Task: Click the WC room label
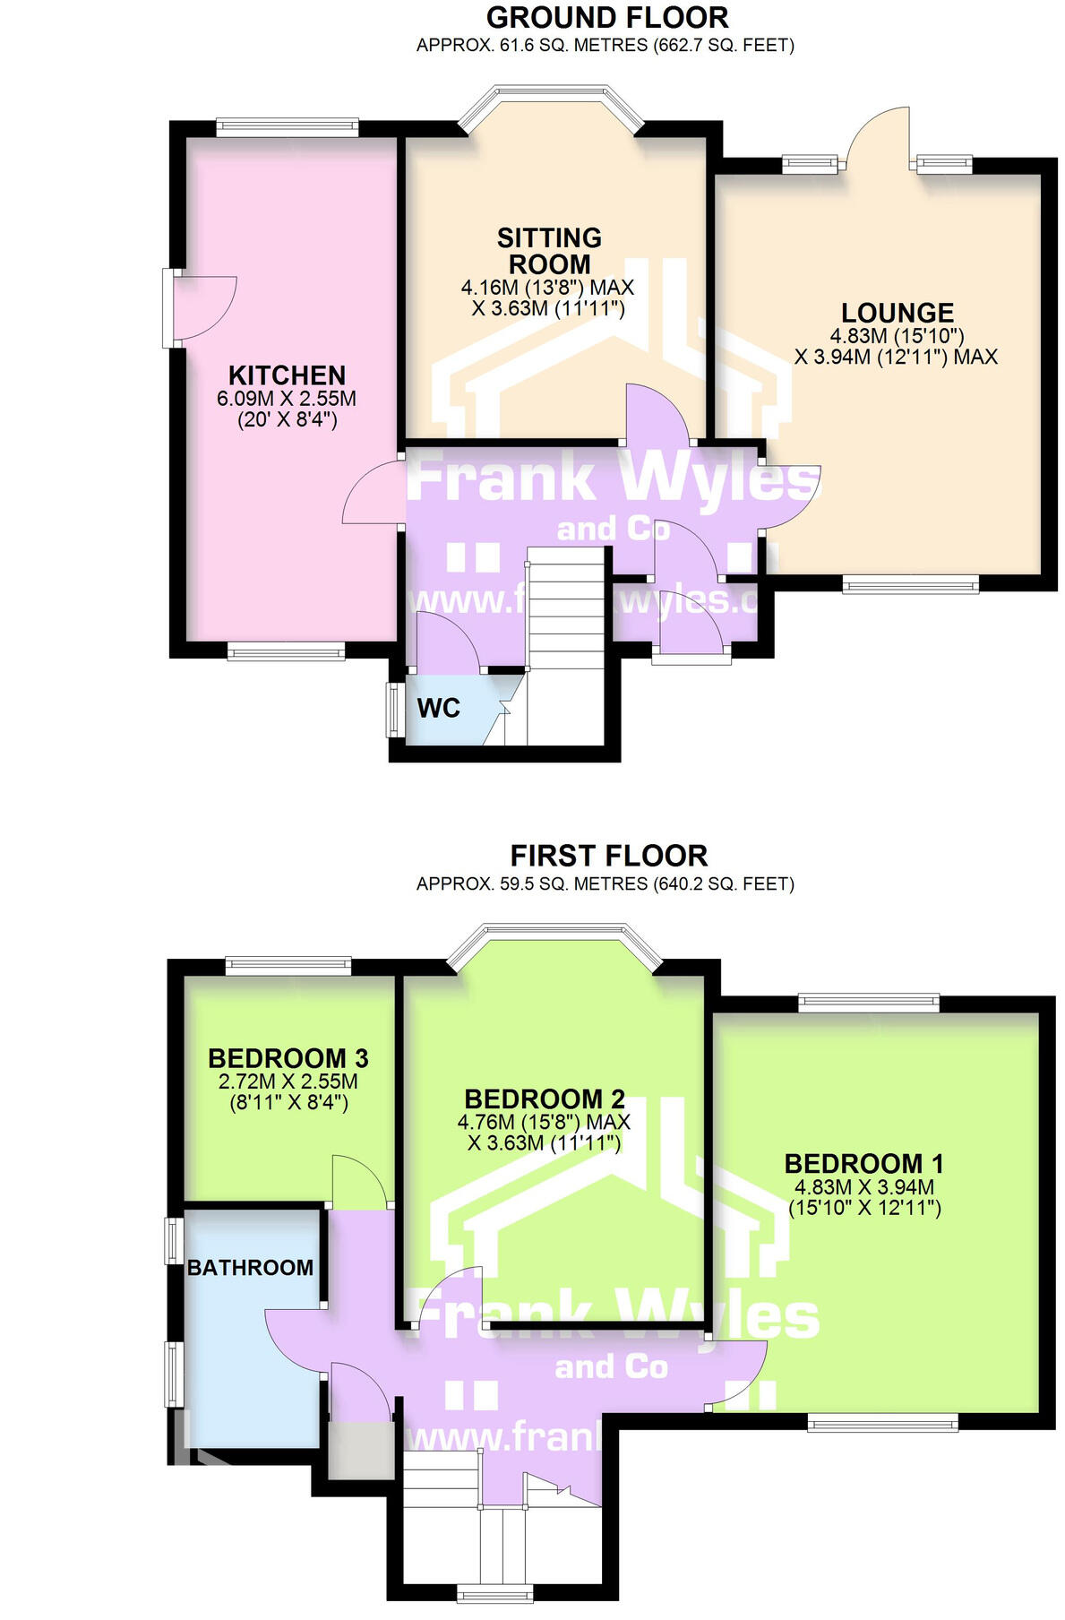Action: (x=438, y=708)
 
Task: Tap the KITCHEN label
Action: (x=287, y=375)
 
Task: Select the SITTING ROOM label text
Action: (x=549, y=251)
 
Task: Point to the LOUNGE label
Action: (x=897, y=313)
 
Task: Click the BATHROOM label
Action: (x=250, y=1267)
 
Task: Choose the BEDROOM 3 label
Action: (x=288, y=1058)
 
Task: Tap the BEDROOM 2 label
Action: (x=544, y=1099)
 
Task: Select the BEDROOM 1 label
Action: (x=863, y=1164)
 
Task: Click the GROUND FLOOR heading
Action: (x=606, y=17)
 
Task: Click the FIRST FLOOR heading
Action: (x=608, y=855)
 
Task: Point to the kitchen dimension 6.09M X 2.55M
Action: (x=287, y=399)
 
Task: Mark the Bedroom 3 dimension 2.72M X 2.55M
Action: (x=288, y=1081)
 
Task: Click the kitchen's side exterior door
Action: (x=202, y=307)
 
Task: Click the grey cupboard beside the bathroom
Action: (x=360, y=1450)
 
